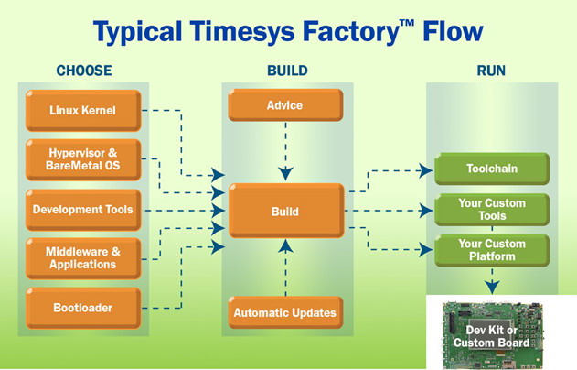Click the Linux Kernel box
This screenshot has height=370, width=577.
(x=83, y=110)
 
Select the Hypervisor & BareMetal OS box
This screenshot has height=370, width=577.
(x=83, y=159)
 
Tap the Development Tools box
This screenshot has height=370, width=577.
(x=83, y=210)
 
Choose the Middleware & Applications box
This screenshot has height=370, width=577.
(x=83, y=258)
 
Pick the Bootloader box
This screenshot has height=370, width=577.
(x=83, y=308)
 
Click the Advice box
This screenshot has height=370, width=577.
(x=285, y=105)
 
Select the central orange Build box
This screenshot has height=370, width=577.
(x=286, y=211)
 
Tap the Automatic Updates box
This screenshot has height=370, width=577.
(x=285, y=312)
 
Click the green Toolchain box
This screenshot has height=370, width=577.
(x=492, y=169)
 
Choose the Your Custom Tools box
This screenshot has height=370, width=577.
(x=492, y=210)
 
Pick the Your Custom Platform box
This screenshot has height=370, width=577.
(x=492, y=250)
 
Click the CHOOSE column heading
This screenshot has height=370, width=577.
(x=84, y=71)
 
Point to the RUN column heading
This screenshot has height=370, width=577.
(x=491, y=71)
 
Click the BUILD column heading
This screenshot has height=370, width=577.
(x=287, y=71)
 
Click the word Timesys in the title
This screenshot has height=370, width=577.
(x=242, y=31)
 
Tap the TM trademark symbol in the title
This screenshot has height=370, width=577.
(x=407, y=24)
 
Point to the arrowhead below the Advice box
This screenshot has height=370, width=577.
(x=286, y=174)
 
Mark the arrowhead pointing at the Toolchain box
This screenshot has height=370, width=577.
(x=427, y=170)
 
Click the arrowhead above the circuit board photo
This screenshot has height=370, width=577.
(x=492, y=287)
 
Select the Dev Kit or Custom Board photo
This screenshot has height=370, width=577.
(x=492, y=334)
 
